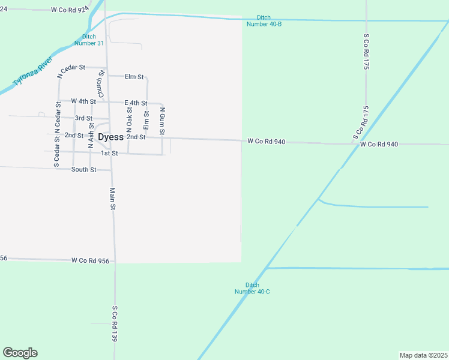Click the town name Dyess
[x=110, y=137]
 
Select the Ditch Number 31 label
[x=89, y=40]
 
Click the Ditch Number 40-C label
[x=252, y=288]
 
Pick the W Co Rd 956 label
[x=90, y=260]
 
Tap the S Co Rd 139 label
[x=114, y=324]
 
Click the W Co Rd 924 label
[x=70, y=10]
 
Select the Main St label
[x=112, y=199]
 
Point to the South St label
[x=83, y=170]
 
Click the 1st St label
[x=109, y=153]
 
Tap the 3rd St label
[x=83, y=118]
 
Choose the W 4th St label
[x=83, y=101]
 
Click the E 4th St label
[x=136, y=103]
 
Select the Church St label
[x=101, y=84]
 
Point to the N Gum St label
[x=162, y=121]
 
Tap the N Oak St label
[x=129, y=119]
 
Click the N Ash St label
[x=91, y=135]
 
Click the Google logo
[x=20, y=353]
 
